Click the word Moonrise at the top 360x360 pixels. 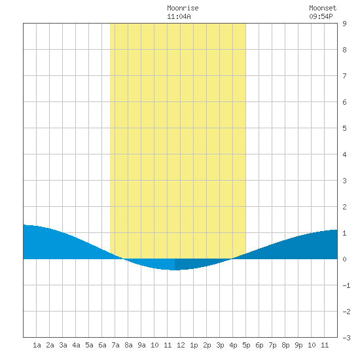[183, 9]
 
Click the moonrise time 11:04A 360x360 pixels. [179, 17]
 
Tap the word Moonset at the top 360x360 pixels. [323, 9]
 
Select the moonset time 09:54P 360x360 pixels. [321, 17]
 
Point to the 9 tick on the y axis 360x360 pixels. [344, 24]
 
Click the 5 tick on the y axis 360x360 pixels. [344, 128]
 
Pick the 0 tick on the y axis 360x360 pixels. [344, 259]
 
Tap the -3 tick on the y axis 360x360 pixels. [346, 338]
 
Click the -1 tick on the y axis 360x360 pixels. [346, 285]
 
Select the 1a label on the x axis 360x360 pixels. [37, 345]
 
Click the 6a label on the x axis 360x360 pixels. [102, 345]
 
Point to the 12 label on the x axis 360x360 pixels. [181, 345]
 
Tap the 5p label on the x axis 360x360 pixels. [246, 345]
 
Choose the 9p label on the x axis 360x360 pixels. [298, 345]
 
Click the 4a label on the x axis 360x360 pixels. [76, 345]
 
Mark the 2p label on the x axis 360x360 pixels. [207, 345]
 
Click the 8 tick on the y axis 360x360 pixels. [344, 50]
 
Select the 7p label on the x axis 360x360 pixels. [272, 345]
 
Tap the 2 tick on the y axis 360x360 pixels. [344, 207]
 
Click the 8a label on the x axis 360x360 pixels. [128, 345]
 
